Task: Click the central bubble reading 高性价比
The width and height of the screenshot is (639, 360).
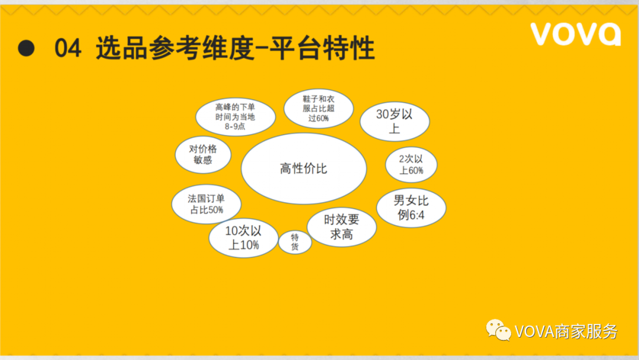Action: (304, 168)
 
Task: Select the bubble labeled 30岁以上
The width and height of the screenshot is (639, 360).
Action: (395, 121)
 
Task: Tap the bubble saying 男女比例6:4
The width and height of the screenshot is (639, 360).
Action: (411, 208)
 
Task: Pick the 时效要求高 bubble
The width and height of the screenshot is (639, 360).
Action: (341, 227)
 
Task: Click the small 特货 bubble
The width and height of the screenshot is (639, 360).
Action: (295, 242)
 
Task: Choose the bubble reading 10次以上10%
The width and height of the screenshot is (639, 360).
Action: (243, 238)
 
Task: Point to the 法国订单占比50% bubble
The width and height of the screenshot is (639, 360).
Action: (206, 204)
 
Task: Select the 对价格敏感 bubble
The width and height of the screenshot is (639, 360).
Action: (203, 155)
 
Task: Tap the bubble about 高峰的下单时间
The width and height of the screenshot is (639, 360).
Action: (235, 117)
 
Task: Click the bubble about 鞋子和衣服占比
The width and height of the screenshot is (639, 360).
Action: (318, 108)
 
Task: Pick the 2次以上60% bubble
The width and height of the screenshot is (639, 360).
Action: (411, 165)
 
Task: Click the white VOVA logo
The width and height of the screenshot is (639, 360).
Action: (576, 34)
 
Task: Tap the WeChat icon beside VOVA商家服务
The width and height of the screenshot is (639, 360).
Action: (498, 330)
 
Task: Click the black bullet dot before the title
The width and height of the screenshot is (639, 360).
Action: (26, 48)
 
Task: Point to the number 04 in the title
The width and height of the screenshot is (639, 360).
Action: (67, 48)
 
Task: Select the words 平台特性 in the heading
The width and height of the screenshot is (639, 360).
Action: (322, 48)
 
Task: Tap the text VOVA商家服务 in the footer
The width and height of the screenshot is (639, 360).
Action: (566, 332)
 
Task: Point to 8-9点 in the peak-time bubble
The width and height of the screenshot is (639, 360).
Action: (235, 126)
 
